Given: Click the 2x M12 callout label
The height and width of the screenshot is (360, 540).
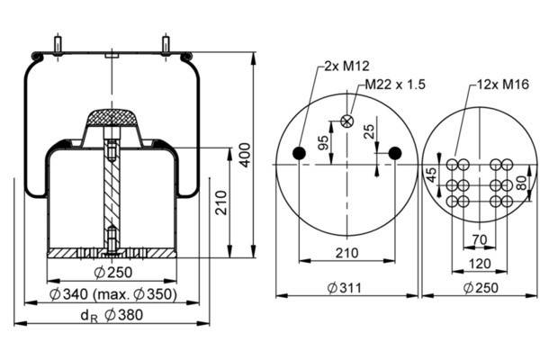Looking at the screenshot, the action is tap(346, 66).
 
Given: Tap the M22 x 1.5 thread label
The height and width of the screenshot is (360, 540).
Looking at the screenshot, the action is tap(395, 85).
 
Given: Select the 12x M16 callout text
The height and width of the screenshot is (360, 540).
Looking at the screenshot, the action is tap(503, 84).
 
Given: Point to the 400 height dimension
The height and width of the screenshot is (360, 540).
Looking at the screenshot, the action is tap(245, 155).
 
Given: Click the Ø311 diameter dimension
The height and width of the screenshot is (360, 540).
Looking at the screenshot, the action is tap(345, 288).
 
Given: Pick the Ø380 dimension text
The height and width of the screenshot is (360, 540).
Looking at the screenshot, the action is tap(123, 315).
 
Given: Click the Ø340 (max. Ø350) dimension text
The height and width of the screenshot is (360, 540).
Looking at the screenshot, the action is tap(113, 294).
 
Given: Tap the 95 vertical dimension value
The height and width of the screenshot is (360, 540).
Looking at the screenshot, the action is tap(323, 143).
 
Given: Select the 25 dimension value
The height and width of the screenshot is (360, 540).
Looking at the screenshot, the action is tap(369, 131).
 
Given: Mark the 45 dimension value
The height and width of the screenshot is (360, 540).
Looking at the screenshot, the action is tap(431, 175).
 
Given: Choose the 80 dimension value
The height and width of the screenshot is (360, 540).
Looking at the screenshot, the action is tap(522, 183).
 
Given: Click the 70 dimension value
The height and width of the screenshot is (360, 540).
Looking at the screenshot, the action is tap(480, 239).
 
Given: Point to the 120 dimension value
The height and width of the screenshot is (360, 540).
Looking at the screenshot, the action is tap(480, 264).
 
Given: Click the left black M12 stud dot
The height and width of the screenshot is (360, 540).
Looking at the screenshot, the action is tap(299, 153).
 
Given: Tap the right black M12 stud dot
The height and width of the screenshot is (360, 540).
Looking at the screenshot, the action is tap(395, 153).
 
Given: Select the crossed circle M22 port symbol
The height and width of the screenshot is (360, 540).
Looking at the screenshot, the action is tap(346, 121).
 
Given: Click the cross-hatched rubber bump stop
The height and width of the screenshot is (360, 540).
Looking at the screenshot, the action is tap(112, 118).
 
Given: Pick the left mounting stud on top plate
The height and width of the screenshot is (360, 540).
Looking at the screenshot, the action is tap(58, 45).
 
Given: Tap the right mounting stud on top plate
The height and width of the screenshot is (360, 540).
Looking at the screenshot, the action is tap(166, 45).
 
